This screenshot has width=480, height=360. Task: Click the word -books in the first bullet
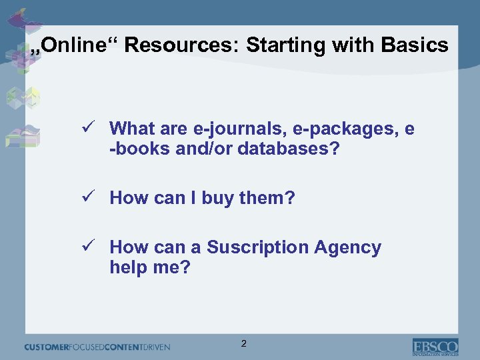tap(140, 148)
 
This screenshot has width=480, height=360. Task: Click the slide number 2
tap(243, 343)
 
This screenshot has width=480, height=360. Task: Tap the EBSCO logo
tap(435, 347)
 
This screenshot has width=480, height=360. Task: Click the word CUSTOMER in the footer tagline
tap(50, 347)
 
